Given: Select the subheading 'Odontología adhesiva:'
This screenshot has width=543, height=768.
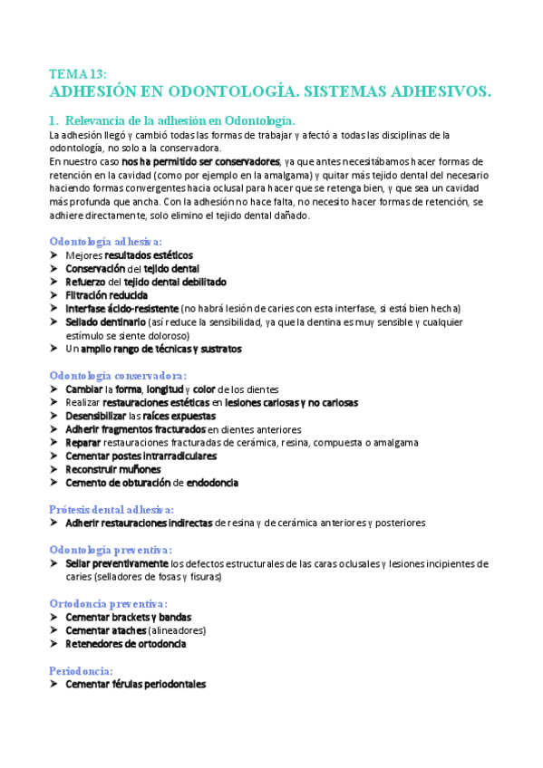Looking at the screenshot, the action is [105, 242].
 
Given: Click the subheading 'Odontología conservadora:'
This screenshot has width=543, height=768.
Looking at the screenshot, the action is [118, 375].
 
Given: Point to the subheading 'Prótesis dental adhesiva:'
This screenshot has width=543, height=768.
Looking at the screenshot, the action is [112, 509].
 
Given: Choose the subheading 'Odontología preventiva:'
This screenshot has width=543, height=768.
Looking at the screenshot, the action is [110, 550].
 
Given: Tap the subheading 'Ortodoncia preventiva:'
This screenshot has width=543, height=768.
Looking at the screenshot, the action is [108, 603].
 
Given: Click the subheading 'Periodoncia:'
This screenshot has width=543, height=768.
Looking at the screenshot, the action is [81, 670].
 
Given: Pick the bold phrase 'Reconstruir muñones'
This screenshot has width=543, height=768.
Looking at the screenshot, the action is [113, 469].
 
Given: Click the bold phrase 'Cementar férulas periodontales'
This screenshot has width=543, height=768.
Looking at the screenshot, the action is [135, 685].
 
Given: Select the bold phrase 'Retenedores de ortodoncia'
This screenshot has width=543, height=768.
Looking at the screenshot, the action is [126, 644].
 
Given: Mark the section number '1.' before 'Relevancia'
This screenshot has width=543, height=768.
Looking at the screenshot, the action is [54, 120].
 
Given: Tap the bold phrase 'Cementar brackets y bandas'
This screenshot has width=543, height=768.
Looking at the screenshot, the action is [129, 617].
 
